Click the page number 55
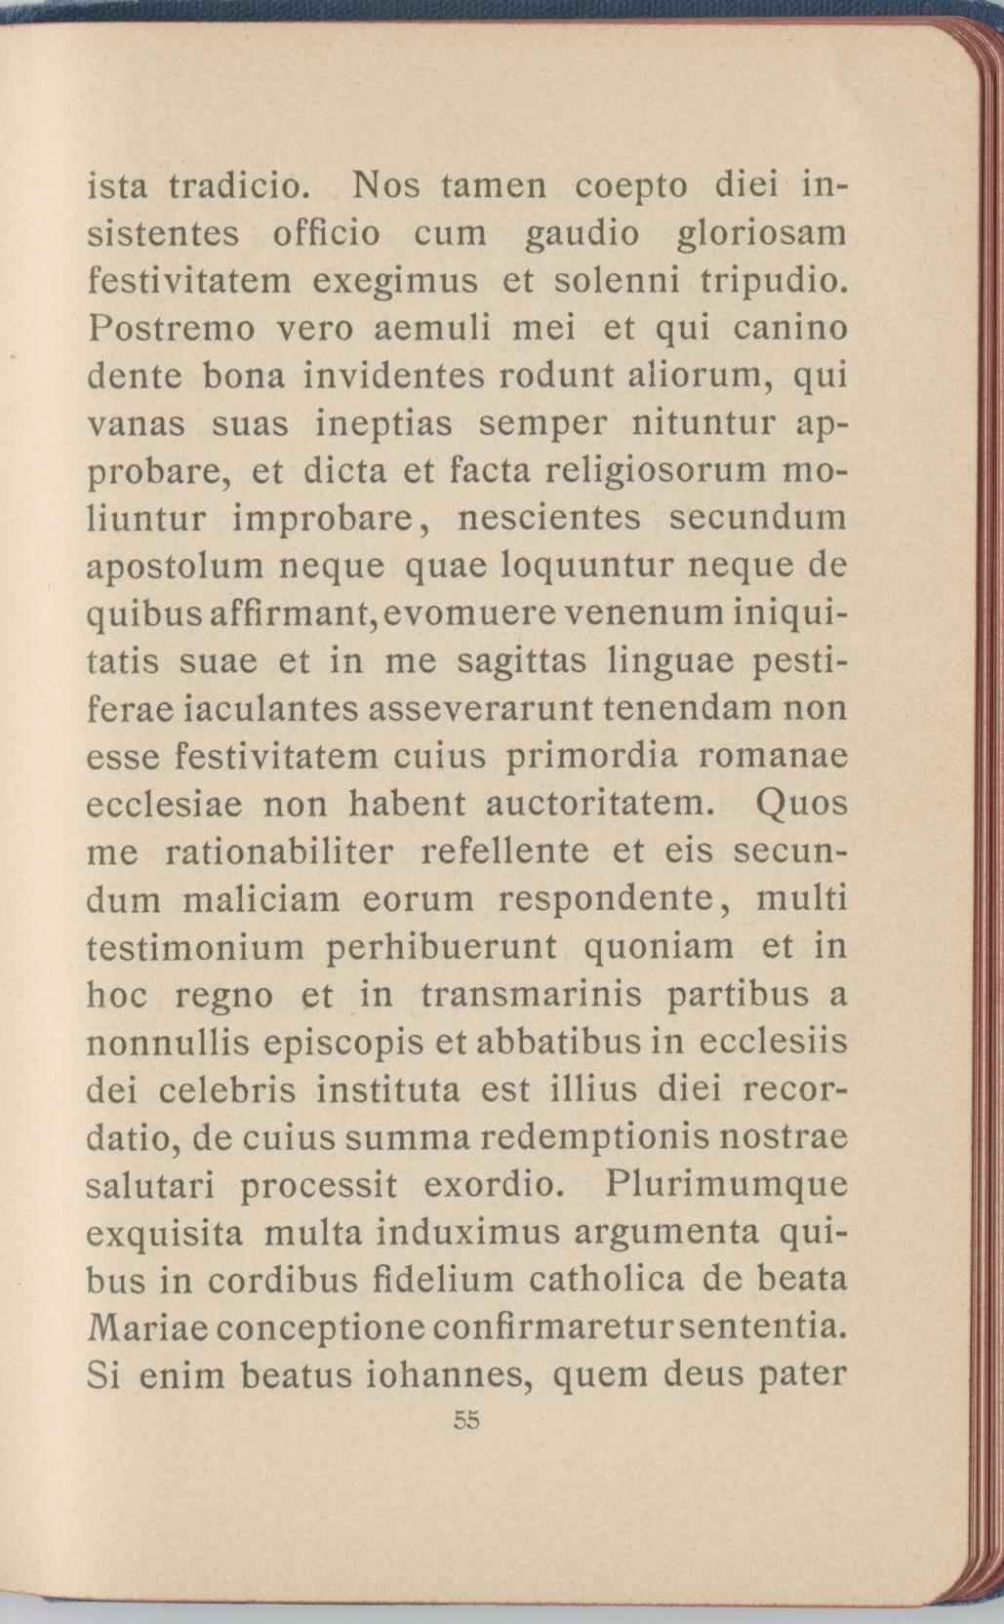[x=467, y=1420]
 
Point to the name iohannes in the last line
[x=446, y=1375]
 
